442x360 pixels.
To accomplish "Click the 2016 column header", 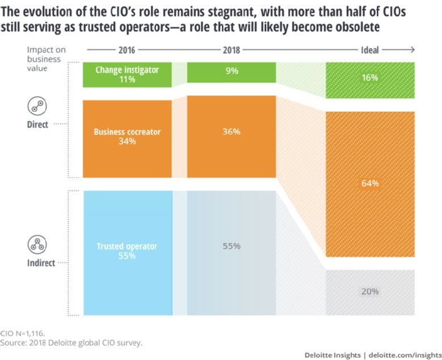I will click(127, 50).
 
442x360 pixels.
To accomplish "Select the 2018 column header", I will click(231, 50).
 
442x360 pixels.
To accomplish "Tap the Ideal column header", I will click(370, 50).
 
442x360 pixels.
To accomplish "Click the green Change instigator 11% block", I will click(127, 75).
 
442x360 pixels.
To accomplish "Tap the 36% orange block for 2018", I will click(231, 132).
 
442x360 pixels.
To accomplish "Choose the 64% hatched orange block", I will click(370, 184).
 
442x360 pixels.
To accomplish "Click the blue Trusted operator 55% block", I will click(127, 252).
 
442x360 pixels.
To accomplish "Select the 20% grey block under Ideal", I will click(370, 291).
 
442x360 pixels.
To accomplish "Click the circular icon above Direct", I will click(37, 106).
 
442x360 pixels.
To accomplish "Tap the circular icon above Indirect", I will click(37, 244).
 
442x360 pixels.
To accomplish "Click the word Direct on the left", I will click(37, 124).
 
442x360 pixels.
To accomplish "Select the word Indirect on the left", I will click(41, 263).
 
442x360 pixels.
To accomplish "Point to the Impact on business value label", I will click(45, 59).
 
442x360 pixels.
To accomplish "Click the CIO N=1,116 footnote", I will click(23, 333).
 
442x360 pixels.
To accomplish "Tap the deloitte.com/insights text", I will click(403, 355).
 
